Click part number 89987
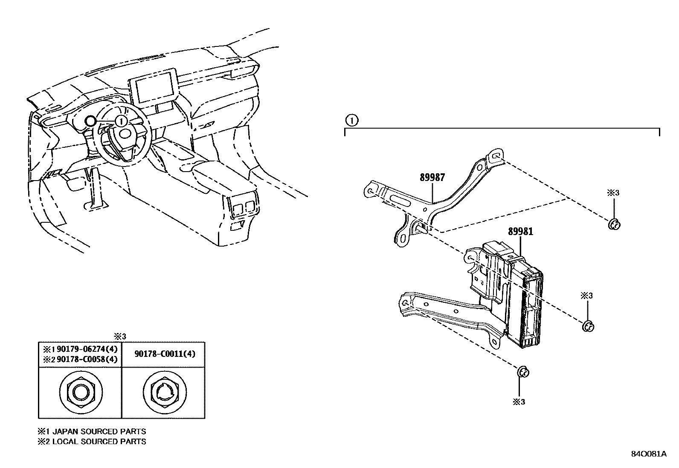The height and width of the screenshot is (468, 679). tap(432, 178)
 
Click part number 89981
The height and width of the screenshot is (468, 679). tap(520, 232)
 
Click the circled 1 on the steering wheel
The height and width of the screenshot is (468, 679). tap(121, 121)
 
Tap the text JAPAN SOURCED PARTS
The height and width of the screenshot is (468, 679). tap(99, 431)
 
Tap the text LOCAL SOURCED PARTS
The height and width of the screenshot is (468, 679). tap(99, 442)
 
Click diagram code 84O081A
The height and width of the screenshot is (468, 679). tap(648, 454)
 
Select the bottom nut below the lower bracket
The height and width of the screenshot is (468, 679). tap(522, 372)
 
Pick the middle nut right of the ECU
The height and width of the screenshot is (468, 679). tap(588, 326)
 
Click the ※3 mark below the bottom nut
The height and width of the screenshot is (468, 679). tap(519, 402)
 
